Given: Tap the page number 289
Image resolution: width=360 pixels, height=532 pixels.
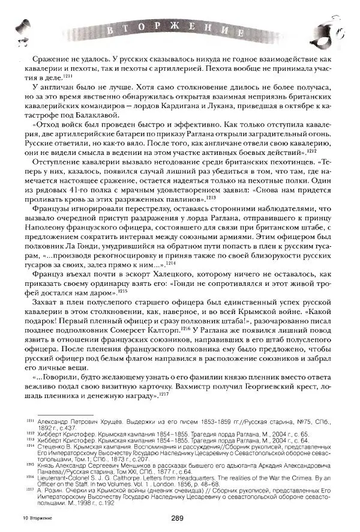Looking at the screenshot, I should tap(177, 519).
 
